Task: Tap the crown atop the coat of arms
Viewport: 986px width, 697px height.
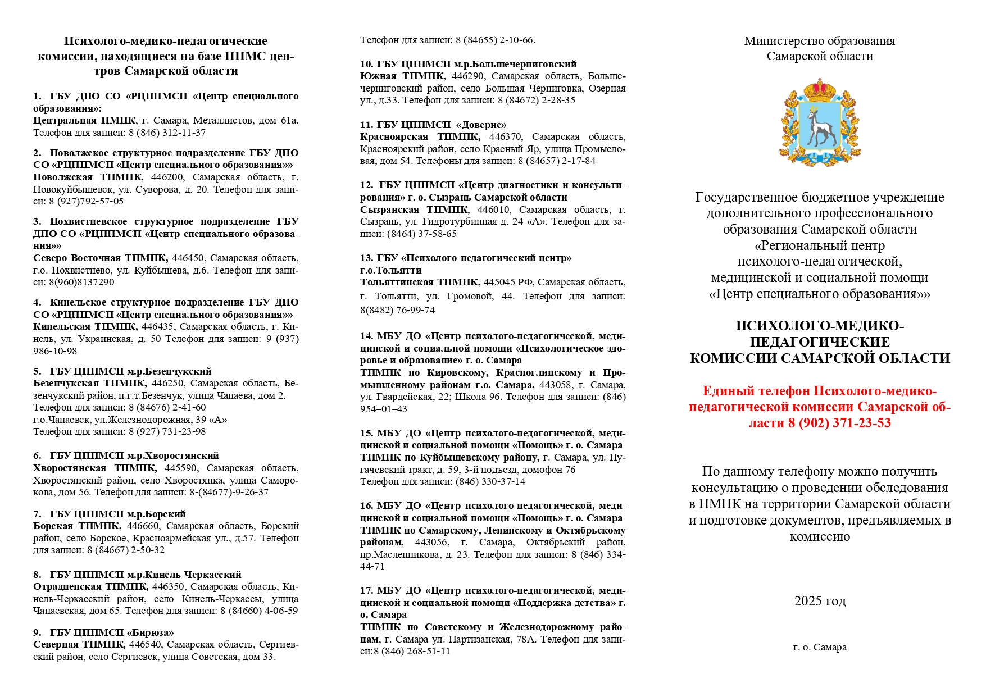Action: click(820, 90)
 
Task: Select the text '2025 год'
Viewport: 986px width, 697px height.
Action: click(820, 601)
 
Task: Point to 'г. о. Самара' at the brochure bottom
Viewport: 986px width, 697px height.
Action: click(820, 647)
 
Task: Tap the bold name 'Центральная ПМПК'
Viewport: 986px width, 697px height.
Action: click(84, 120)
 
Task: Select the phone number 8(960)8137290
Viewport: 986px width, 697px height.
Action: click(81, 282)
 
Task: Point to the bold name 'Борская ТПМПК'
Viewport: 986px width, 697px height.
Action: click(77, 526)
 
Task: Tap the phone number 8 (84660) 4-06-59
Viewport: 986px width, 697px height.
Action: click(259, 611)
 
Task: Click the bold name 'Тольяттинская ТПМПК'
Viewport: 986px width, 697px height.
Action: click(420, 282)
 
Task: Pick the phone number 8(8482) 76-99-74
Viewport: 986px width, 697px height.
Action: click(397, 310)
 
